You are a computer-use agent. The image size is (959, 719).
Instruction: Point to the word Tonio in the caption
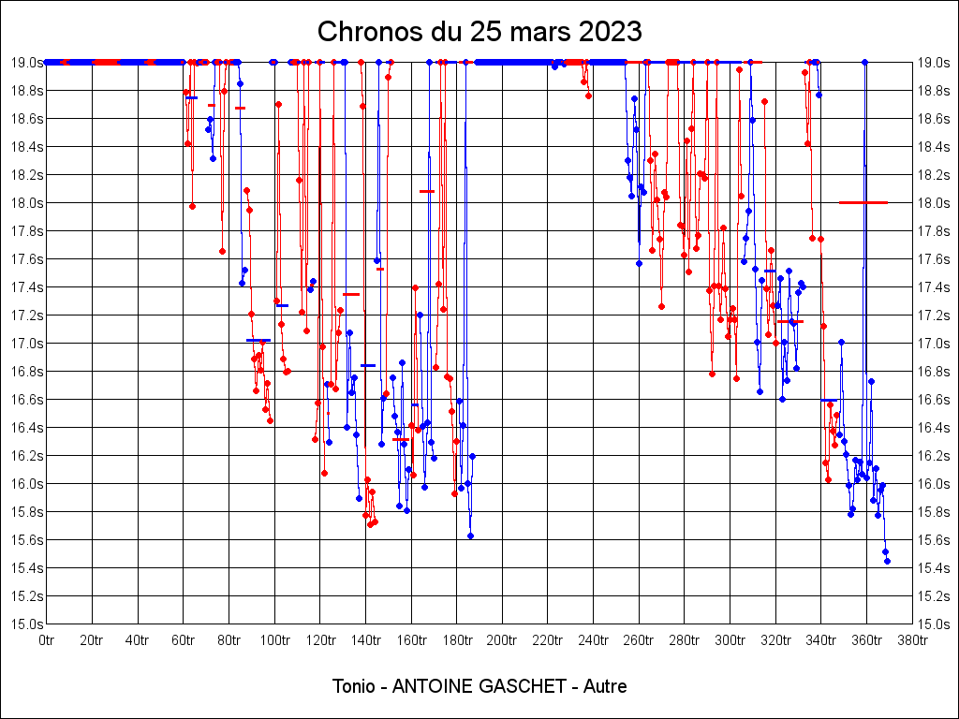point(354,686)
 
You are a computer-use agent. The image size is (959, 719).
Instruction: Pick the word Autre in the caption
point(605,686)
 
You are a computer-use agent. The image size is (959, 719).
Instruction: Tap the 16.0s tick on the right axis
point(933,484)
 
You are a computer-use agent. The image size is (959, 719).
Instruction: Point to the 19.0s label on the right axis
point(933,63)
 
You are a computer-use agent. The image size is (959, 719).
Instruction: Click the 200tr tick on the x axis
point(502,640)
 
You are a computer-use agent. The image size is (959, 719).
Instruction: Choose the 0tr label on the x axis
point(47,640)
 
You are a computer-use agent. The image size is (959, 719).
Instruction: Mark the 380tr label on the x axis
point(912,640)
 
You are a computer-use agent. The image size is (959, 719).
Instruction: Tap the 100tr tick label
point(274,640)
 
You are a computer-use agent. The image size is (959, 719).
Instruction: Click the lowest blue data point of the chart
point(887,561)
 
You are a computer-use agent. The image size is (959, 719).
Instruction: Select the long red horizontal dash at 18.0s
point(863,202)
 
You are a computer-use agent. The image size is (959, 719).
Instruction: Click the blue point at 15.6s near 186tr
point(470,536)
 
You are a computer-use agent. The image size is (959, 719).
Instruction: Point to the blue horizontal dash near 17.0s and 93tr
point(258,340)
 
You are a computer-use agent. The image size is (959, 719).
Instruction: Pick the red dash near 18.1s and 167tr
point(427,191)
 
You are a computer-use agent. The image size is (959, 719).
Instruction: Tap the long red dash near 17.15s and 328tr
point(789,321)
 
